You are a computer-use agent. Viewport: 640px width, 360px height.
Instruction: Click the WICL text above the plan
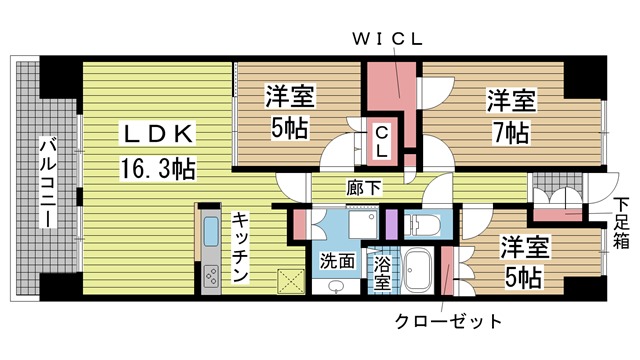(387, 40)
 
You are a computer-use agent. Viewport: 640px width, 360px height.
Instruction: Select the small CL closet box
(382, 141)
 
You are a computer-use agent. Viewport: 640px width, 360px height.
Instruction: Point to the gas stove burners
(210, 273)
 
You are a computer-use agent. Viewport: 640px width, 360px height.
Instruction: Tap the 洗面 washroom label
(337, 261)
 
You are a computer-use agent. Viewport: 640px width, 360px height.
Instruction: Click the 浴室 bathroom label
(382, 272)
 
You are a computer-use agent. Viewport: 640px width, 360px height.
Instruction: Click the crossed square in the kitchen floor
(291, 280)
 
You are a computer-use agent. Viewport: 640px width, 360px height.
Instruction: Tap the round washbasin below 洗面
(336, 286)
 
